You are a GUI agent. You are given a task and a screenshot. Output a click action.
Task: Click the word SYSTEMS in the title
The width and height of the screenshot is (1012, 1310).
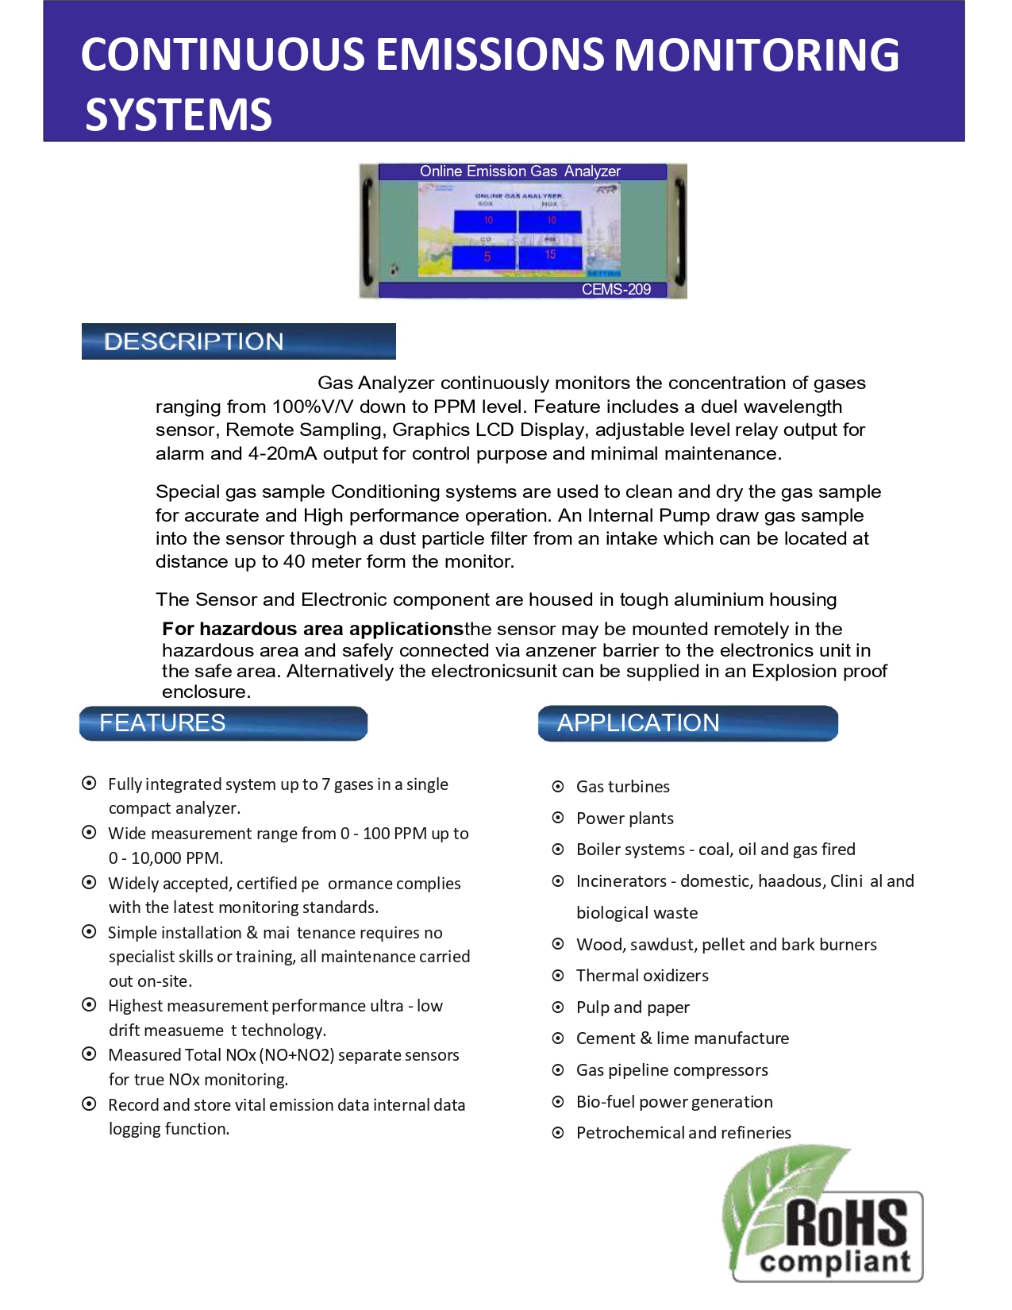tap(179, 114)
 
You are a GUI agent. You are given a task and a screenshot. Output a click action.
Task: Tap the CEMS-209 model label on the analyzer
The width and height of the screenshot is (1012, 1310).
tap(616, 290)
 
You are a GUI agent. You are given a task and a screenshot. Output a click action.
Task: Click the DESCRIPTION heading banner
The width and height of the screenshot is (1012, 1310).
tap(238, 341)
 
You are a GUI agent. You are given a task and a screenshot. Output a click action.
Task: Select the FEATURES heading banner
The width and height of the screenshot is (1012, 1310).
tap(223, 723)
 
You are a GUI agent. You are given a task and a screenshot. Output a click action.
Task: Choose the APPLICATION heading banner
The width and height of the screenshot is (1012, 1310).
tap(687, 723)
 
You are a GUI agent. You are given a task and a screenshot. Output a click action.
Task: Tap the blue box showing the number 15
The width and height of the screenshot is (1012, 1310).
tap(550, 256)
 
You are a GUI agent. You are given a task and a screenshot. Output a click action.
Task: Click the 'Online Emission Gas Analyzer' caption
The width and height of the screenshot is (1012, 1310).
tap(520, 171)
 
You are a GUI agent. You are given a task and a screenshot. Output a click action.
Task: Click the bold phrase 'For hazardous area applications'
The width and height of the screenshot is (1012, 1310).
tap(313, 630)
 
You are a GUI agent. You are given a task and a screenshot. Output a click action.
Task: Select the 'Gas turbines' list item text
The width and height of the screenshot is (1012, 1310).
tap(623, 787)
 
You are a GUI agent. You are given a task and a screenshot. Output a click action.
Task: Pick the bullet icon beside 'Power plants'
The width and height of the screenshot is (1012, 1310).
tap(558, 818)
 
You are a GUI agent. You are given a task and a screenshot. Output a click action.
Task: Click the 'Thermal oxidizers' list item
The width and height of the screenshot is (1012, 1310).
tap(642, 976)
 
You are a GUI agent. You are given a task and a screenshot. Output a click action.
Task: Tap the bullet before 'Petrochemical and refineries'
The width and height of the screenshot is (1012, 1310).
tap(558, 1133)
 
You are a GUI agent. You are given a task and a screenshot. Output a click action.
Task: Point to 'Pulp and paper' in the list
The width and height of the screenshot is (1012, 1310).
tap(633, 1008)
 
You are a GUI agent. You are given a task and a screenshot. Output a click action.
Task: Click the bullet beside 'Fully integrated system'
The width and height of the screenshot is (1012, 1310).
tap(90, 784)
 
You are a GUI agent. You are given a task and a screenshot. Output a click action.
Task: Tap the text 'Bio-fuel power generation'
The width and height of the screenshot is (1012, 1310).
tap(674, 1102)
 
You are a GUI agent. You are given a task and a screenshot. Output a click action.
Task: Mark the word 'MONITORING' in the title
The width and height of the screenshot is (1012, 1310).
tap(756, 55)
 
